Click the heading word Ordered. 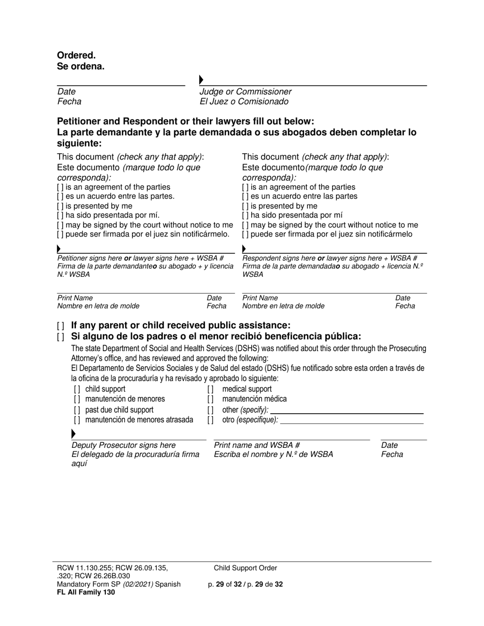(76, 55)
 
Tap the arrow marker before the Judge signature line (201, 80)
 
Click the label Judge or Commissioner (245, 92)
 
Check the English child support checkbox (77, 389)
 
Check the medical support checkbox (210, 389)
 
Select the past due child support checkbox (77, 410)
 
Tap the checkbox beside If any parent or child (61, 326)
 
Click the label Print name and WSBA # (256, 445)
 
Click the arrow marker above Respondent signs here (244, 249)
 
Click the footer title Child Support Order (246, 568)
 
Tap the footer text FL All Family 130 (86, 592)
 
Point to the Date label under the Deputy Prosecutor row (389, 445)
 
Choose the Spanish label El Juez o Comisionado (244, 102)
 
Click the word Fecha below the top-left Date (69, 102)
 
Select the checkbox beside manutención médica (210, 400)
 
